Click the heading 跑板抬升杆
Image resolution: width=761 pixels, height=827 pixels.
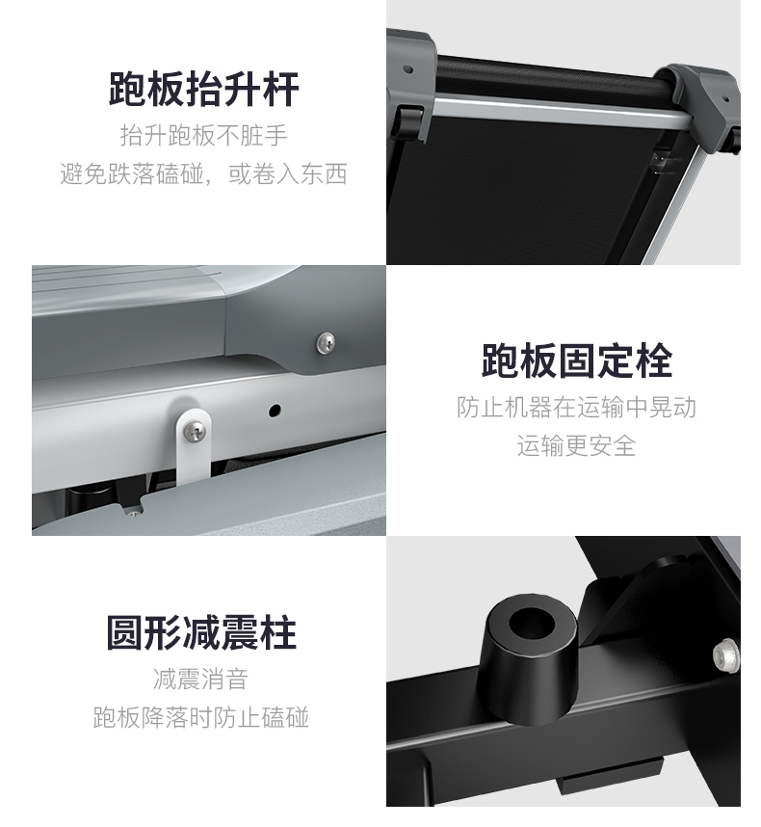click(x=203, y=89)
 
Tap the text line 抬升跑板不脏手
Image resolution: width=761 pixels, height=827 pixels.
click(x=203, y=136)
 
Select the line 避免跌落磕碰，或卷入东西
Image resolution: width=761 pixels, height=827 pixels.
click(x=203, y=173)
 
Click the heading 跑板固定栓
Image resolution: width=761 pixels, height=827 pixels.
click(x=577, y=360)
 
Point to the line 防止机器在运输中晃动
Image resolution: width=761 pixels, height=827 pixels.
click(x=577, y=407)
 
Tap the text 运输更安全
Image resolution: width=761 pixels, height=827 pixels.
click(x=577, y=445)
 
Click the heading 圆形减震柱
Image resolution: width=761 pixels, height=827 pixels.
click(x=201, y=632)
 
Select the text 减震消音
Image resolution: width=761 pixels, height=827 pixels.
click(x=200, y=679)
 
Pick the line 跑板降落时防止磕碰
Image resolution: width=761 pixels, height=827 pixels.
click(x=200, y=717)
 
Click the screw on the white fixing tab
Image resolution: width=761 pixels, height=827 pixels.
click(x=195, y=432)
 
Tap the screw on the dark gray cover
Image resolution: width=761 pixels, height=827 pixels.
click(x=327, y=343)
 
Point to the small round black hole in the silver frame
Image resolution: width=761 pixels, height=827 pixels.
click(x=275, y=411)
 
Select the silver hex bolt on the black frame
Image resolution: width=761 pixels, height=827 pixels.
click(x=727, y=654)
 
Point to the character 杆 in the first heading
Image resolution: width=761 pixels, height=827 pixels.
click(x=280, y=89)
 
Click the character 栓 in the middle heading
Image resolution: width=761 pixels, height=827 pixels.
click(x=653, y=360)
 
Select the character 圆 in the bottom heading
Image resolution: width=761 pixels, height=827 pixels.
click(x=125, y=632)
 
